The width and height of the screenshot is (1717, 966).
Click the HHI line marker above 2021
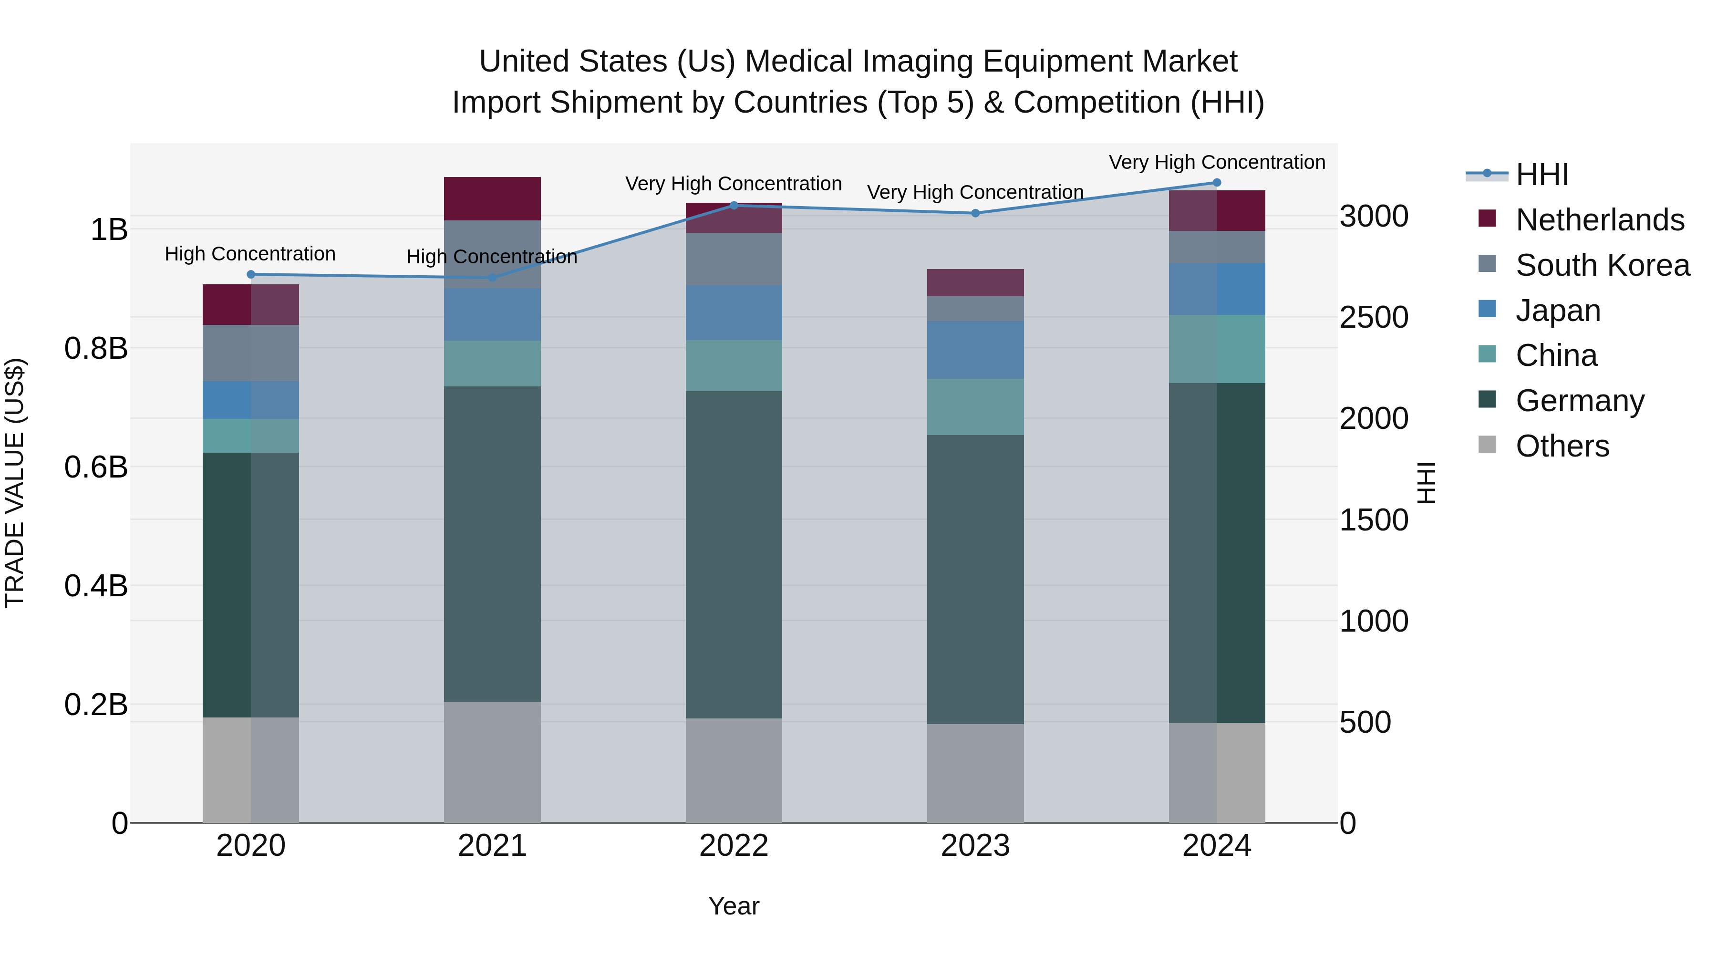(x=492, y=277)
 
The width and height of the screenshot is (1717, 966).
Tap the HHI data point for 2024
(x=1216, y=183)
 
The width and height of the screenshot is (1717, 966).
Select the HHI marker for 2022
(x=734, y=205)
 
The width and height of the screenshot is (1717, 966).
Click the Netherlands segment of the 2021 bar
(x=492, y=198)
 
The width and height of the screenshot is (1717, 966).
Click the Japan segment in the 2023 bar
(x=975, y=350)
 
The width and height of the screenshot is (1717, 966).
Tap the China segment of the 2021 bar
(x=492, y=364)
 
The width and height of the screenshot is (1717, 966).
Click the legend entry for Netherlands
(x=1600, y=220)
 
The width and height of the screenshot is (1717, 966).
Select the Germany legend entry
(x=1580, y=401)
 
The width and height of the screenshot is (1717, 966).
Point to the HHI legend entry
(x=1541, y=175)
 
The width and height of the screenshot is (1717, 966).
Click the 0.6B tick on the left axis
(x=96, y=467)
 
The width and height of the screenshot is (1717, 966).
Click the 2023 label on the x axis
(x=975, y=846)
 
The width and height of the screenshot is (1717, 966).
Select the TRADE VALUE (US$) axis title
(x=15, y=483)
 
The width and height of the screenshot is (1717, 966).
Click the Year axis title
(x=734, y=906)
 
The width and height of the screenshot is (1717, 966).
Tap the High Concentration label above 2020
(x=250, y=254)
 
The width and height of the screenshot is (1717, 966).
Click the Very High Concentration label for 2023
(x=975, y=192)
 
